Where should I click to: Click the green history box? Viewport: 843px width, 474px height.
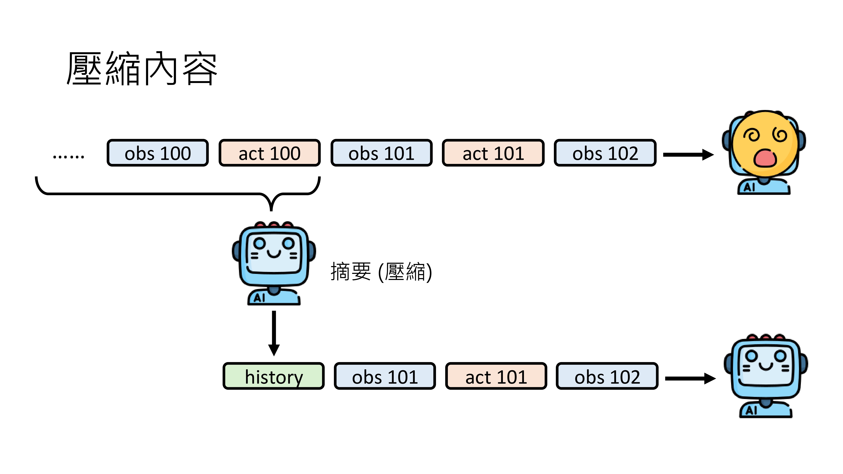[x=274, y=376]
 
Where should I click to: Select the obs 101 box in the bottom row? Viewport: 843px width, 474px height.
[x=385, y=376]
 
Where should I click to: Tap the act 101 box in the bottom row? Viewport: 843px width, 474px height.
[x=496, y=376]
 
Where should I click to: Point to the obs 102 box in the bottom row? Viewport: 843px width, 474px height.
[x=607, y=376]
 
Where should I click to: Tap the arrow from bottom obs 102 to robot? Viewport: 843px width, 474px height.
[x=690, y=379]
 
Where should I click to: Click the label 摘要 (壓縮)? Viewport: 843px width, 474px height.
[x=381, y=272]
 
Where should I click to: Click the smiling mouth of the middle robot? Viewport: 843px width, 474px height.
[x=274, y=253]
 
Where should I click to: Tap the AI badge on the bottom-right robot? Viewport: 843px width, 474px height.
[x=751, y=410]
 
